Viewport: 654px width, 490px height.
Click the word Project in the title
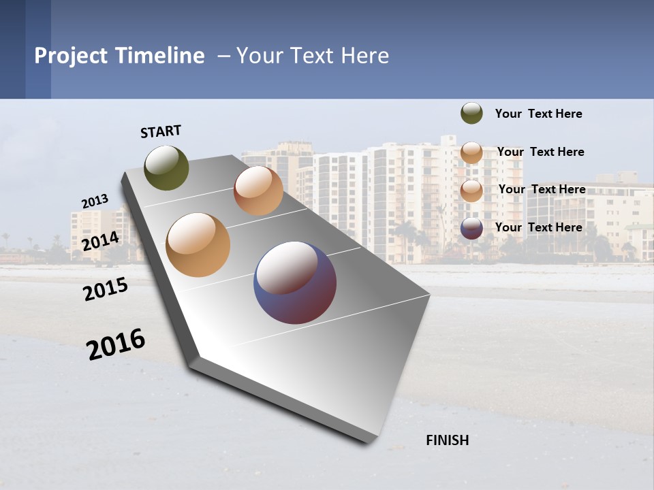click(x=70, y=56)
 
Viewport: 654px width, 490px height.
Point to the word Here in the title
click(x=365, y=56)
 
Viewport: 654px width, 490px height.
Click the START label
click(x=161, y=131)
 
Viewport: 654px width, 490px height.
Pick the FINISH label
click(x=448, y=440)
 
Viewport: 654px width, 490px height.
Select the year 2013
click(x=95, y=201)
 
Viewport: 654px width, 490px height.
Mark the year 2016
click(x=116, y=344)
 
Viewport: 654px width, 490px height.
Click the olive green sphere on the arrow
click(x=167, y=167)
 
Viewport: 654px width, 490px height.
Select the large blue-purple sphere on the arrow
click(x=295, y=282)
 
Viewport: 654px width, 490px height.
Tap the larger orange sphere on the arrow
click(x=198, y=245)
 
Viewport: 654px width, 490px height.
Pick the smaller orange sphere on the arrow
click(x=258, y=191)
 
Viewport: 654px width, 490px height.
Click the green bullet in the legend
click(x=471, y=114)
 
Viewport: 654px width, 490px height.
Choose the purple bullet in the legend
click(x=471, y=228)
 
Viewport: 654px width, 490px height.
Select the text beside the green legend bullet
click(x=538, y=114)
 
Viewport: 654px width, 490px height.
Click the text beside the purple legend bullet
click(x=538, y=227)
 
